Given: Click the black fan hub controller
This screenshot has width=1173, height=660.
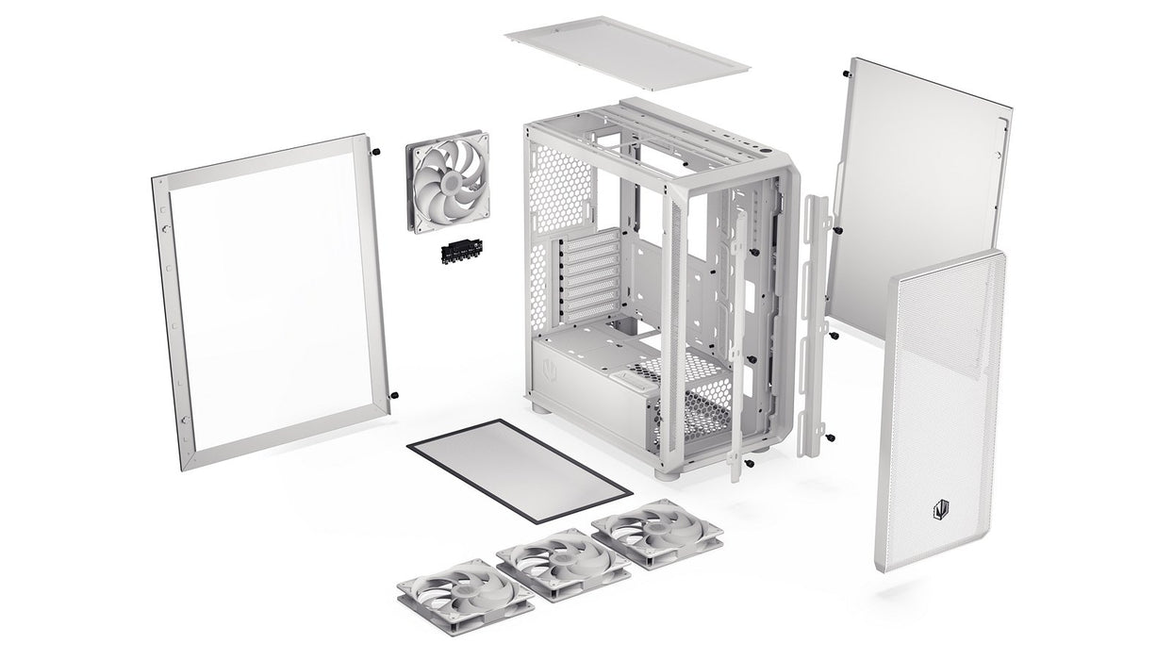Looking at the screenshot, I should (x=460, y=253).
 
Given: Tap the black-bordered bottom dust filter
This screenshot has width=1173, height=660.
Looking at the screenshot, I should (x=519, y=470).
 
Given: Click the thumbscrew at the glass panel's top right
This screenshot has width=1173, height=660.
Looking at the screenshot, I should (x=376, y=152).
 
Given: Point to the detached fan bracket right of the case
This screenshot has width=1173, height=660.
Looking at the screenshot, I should (x=815, y=325).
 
